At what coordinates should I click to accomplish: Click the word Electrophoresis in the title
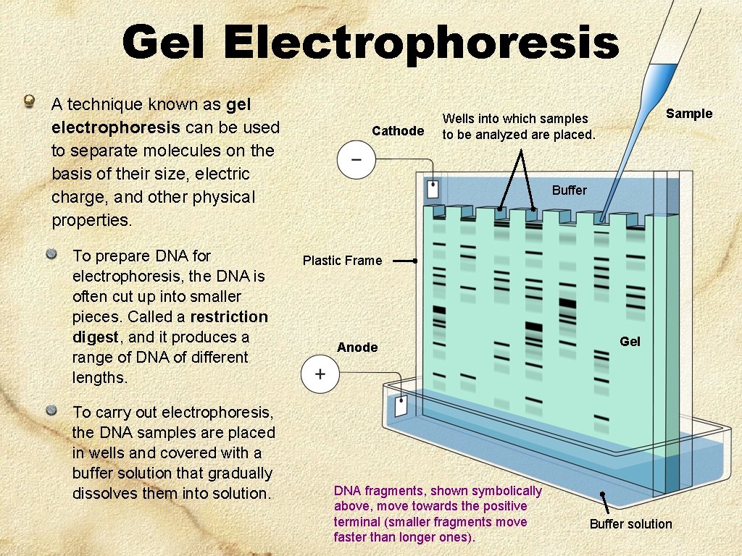click(421, 42)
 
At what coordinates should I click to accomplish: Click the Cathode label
click(398, 131)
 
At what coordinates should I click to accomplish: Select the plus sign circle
click(320, 374)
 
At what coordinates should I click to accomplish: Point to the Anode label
click(357, 347)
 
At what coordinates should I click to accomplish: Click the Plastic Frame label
click(342, 261)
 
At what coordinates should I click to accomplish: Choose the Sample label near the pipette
click(689, 114)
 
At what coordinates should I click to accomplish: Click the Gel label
click(630, 342)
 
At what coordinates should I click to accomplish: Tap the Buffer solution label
click(630, 524)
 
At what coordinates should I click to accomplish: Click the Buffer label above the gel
click(570, 190)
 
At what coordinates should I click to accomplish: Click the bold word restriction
click(229, 317)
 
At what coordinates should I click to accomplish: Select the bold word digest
click(94, 337)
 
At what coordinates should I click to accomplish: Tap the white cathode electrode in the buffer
click(433, 190)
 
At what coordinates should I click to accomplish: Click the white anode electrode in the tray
click(401, 405)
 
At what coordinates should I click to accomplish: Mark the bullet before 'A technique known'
click(29, 101)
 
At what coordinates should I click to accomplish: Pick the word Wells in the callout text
click(457, 119)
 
